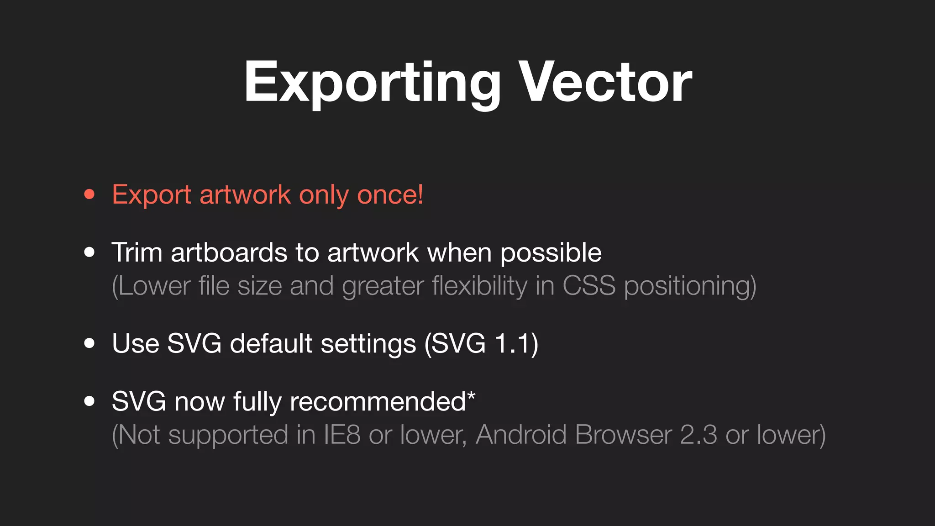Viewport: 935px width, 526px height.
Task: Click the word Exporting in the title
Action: click(x=372, y=84)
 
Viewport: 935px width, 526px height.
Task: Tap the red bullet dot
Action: click(x=89, y=195)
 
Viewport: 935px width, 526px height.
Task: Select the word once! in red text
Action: click(x=390, y=195)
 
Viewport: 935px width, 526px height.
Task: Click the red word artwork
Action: click(x=245, y=195)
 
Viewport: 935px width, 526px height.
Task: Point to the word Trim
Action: click(x=137, y=252)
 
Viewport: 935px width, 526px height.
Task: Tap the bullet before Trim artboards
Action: click(x=89, y=252)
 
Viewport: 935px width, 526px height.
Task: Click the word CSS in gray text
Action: click(x=589, y=286)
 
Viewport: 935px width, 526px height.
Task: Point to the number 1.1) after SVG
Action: click(x=517, y=344)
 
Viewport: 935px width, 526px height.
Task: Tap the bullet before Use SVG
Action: click(x=89, y=343)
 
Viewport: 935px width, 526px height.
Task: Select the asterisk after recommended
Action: click(x=471, y=395)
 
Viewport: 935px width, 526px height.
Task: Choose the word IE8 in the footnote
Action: click(x=342, y=435)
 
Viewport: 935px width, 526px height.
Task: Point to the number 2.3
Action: click(x=699, y=435)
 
